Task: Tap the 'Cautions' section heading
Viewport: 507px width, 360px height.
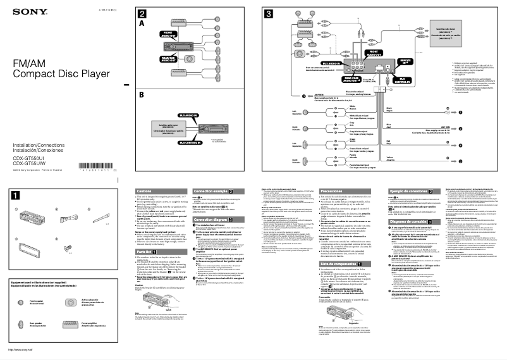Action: click(x=145, y=190)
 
